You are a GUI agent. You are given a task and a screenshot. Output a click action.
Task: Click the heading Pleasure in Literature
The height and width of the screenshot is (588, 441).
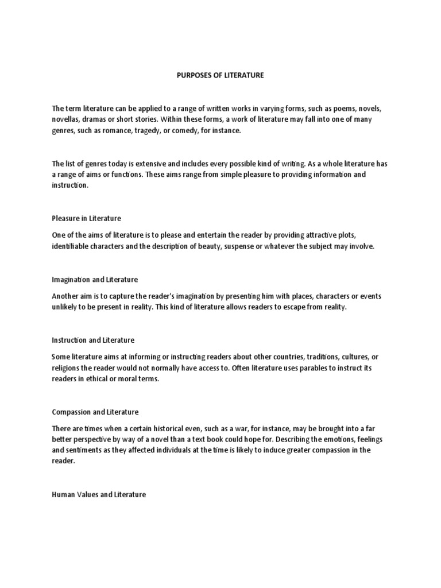[86, 219]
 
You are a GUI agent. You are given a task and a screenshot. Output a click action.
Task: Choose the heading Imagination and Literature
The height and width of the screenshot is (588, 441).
[95, 280]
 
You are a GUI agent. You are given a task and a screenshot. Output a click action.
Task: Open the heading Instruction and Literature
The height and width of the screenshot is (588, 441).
[93, 340]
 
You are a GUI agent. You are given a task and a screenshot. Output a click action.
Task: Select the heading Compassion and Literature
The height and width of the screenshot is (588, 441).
[95, 412]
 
